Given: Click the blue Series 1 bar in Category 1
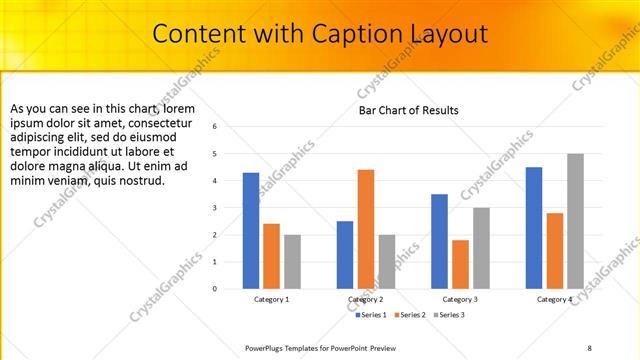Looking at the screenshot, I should coord(251,231).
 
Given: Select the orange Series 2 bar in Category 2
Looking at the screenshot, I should coord(366,229).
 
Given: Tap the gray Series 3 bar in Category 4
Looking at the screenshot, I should coord(575,221).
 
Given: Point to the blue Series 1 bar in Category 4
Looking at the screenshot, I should coord(534,228).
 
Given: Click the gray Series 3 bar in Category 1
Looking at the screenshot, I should coord(292,262).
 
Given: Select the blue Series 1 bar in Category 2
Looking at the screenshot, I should coord(345,255).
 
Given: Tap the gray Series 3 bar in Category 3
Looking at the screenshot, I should coord(481,248).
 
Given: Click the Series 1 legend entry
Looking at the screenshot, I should coord(373,315).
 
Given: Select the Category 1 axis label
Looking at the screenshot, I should coord(271,299).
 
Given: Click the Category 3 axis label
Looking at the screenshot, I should coord(460,299).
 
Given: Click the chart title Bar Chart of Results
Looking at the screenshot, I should coord(409,110).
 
